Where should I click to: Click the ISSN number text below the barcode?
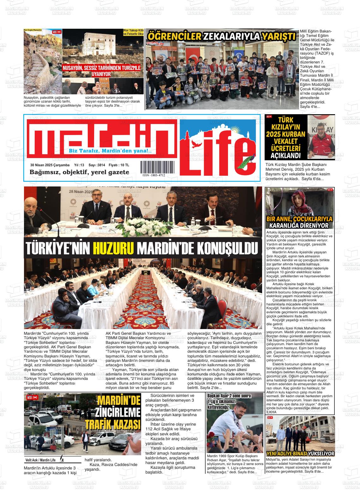pos(154,175)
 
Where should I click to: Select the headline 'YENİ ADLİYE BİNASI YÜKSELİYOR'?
pos(300,454)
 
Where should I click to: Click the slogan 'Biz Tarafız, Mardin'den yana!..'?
pos(111,151)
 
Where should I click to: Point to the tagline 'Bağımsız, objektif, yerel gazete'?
pos(79,172)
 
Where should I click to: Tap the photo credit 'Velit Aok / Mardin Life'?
pos(40,460)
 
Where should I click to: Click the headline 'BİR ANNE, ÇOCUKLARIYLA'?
pos(299,219)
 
